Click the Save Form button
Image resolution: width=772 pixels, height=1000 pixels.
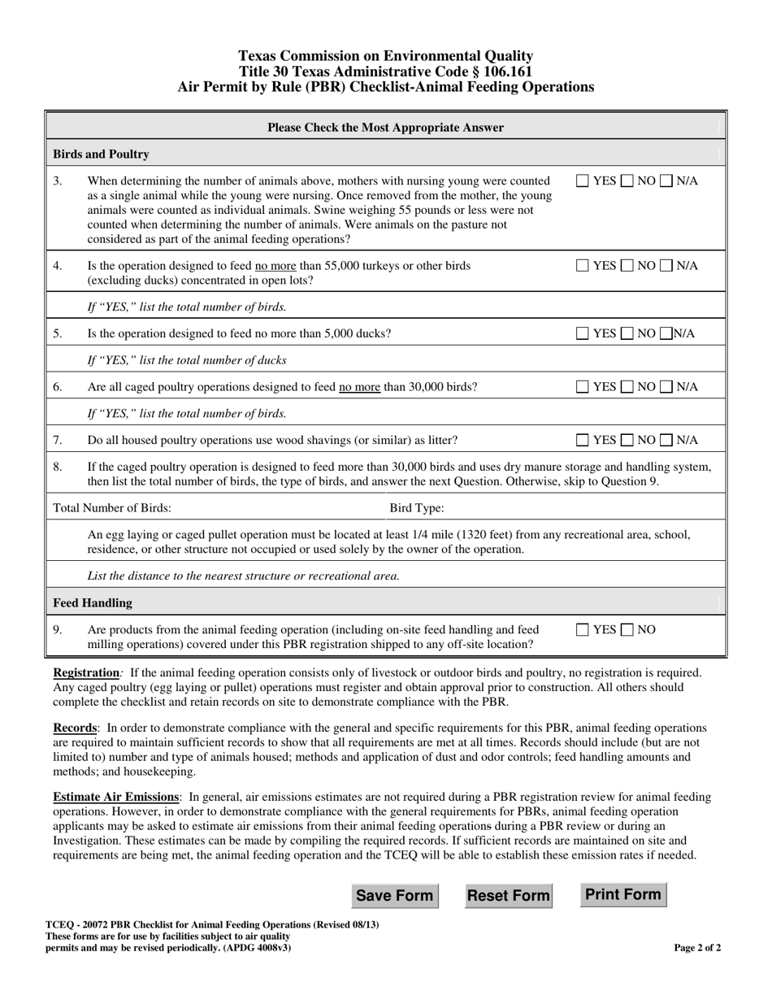click(x=394, y=896)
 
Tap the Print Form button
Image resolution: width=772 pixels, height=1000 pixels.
click(x=622, y=894)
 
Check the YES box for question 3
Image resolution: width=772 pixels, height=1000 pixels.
click(x=583, y=181)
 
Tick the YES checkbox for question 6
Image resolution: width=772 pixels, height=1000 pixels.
click(x=583, y=387)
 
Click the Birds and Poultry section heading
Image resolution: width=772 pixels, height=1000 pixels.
click(x=101, y=154)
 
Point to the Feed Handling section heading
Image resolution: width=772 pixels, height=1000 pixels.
click(x=93, y=603)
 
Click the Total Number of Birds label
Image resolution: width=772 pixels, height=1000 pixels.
click(x=112, y=508)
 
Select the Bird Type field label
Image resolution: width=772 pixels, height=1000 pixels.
click(x=417, y=508)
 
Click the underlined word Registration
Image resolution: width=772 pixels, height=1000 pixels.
click(x=85, y=673)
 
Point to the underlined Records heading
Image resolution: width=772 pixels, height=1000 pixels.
click(x=76, y=728)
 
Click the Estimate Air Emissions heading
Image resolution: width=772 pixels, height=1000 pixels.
click(x=115, y=797)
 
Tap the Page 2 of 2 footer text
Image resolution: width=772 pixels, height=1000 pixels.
click(x=697, y=947)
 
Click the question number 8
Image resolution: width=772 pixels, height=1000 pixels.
click(x=58, y=467)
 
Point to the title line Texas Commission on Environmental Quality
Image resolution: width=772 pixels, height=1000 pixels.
click(x=385, y=56)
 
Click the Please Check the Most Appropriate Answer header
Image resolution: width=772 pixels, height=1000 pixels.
click(x=385, y=128)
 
